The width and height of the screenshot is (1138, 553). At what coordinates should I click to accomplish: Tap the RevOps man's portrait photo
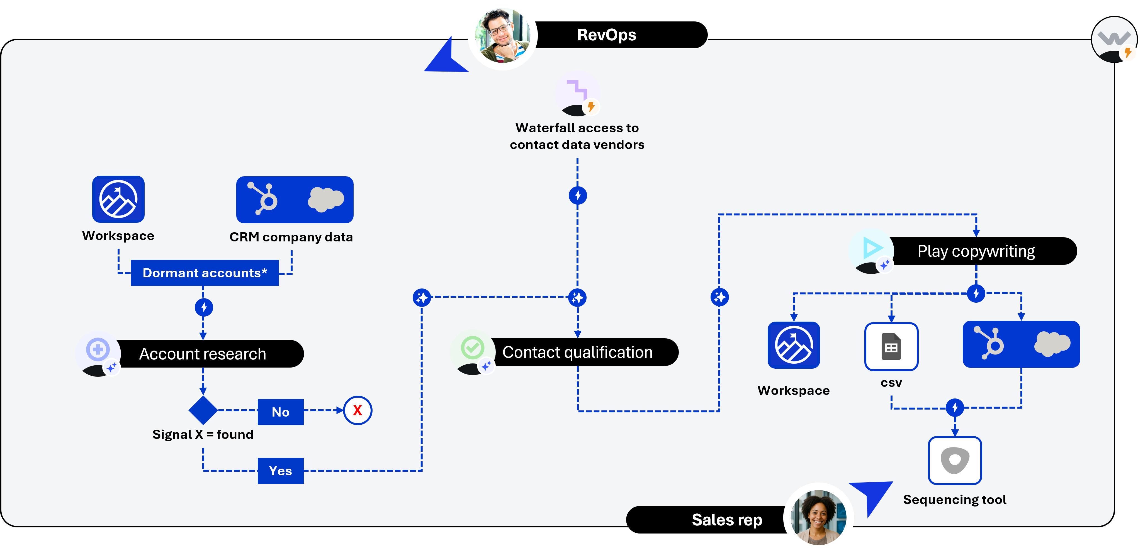(x=502, y=35)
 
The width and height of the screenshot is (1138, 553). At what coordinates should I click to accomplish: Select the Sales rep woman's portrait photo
(x=818, y=517)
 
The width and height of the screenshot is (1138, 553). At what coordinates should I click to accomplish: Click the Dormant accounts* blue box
(x=205, y=273)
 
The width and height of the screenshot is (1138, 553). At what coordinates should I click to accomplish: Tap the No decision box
(x=281, y=412)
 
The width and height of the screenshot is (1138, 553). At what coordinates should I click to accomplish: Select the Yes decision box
(x=281, y=471)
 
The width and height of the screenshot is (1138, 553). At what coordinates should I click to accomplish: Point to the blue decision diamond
(x=203, y=410)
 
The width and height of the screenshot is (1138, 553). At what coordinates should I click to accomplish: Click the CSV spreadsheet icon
(x=891, y=346)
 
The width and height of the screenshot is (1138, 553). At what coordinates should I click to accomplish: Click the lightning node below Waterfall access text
(x=577, y=195)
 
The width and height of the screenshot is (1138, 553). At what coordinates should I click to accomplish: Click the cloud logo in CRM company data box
(x=325, y=199)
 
